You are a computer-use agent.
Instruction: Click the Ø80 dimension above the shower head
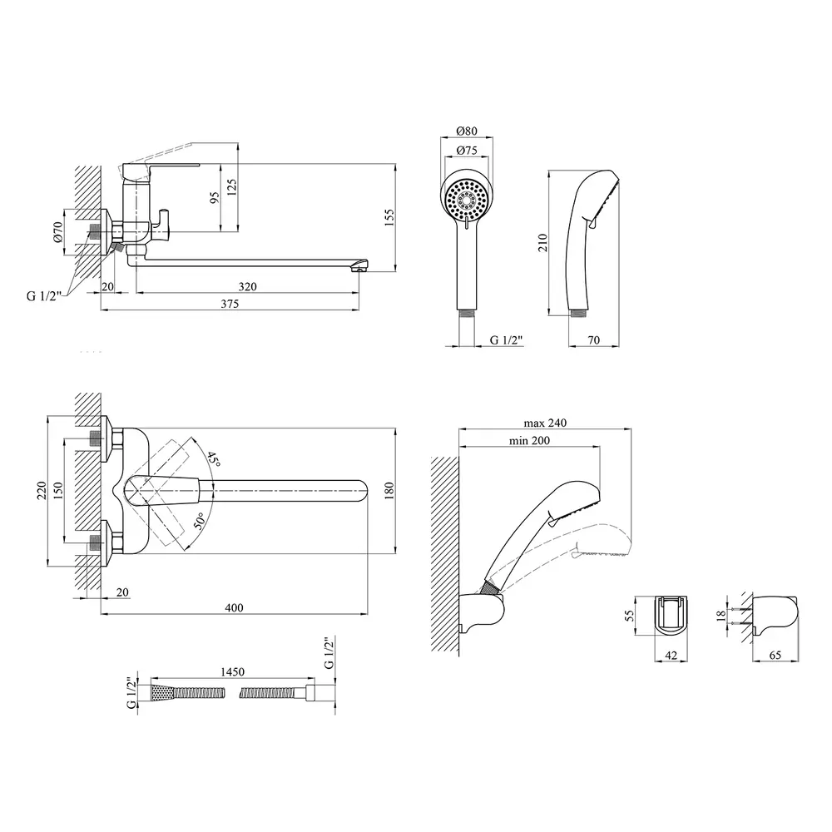467,131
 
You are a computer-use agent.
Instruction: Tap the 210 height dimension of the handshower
543,242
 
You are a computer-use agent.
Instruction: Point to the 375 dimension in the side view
230,305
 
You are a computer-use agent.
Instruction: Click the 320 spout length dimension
246,286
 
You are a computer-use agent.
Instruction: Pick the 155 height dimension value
389,215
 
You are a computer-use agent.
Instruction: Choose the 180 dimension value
389,490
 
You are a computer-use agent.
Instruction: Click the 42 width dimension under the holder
671,655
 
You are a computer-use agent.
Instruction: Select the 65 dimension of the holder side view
775,655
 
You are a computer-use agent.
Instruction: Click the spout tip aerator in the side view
359,265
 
